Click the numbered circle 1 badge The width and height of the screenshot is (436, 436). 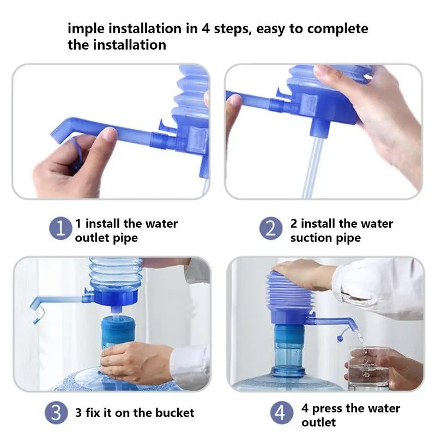coord(60,228)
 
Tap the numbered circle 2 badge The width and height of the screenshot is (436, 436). coord(271,228)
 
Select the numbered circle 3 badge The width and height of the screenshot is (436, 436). coord(56,413)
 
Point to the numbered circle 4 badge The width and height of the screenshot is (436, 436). coord(281,413)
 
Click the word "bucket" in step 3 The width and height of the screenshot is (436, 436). coord(174,413)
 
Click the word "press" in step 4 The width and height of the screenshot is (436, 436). coord(328,409)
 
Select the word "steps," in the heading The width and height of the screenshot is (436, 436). coord(233,29)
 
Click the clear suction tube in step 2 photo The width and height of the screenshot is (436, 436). coord(312,167)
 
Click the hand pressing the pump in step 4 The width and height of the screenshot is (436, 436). coord(302,274)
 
